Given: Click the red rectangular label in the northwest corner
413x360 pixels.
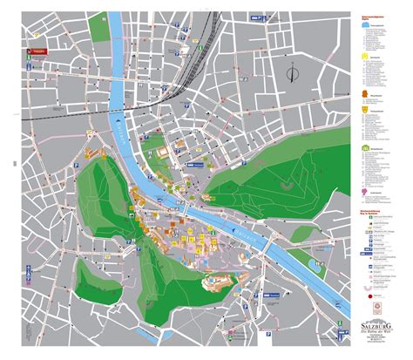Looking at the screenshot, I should (x=38, y=52).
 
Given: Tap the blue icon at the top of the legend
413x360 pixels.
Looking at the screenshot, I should (x=363, y=25).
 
